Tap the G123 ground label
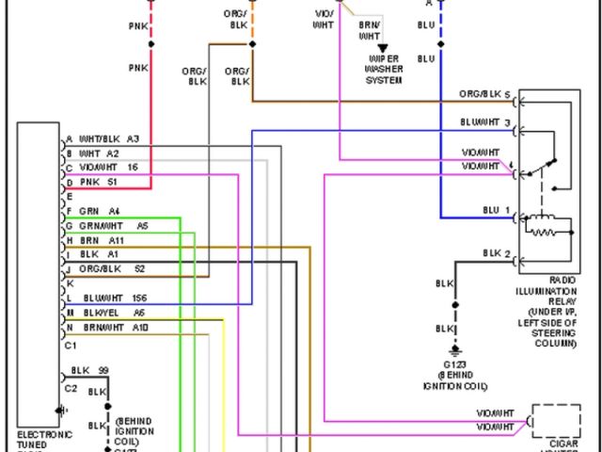455,375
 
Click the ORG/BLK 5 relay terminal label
484,95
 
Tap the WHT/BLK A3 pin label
108,138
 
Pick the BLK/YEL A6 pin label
112,313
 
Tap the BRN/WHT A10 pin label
114,327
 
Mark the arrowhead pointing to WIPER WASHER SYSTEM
383,47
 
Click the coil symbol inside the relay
548,226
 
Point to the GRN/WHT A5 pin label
113,226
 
